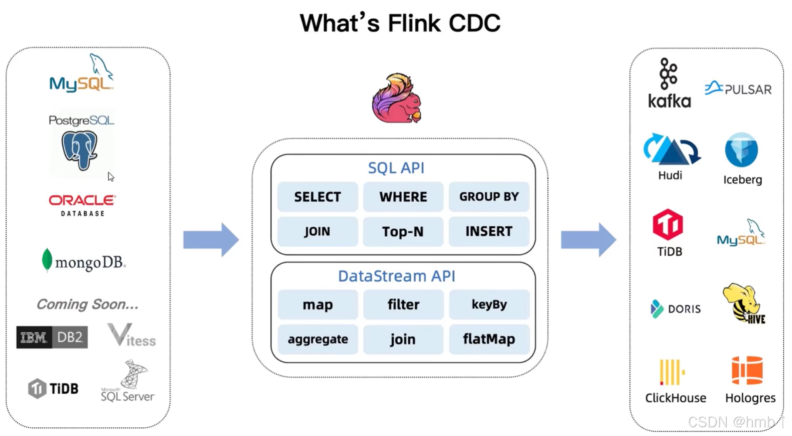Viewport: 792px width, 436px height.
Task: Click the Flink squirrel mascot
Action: pos(396,99)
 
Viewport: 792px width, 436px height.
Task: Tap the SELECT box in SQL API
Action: pos(317,197)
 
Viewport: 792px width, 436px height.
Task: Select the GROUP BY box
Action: pos(489,197)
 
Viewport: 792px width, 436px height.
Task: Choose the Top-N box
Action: pos(403,232)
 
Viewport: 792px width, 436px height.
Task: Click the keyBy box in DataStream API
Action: pos(489,304)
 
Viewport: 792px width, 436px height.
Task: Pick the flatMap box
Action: pos(489,339)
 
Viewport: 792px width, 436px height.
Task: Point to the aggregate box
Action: pos(318,339)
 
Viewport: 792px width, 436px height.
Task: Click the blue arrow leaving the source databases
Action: pos(211,240)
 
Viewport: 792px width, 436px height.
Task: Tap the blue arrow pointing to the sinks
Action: pos(588,240)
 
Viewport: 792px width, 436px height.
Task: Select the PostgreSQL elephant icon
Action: pos(79,150)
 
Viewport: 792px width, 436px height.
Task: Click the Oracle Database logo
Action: pos(82,205)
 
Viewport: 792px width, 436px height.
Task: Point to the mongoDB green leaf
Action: pos(47,260)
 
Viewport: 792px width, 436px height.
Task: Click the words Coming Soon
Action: pos(87,304)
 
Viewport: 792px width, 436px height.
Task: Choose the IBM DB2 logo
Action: pos(52,337)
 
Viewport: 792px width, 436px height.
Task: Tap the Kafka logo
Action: pos(669,83)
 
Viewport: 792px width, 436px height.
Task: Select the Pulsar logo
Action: pos(738,89)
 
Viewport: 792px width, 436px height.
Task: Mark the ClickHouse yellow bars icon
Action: pos(672,372)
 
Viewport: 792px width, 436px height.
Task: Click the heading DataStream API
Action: pos(396,276)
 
